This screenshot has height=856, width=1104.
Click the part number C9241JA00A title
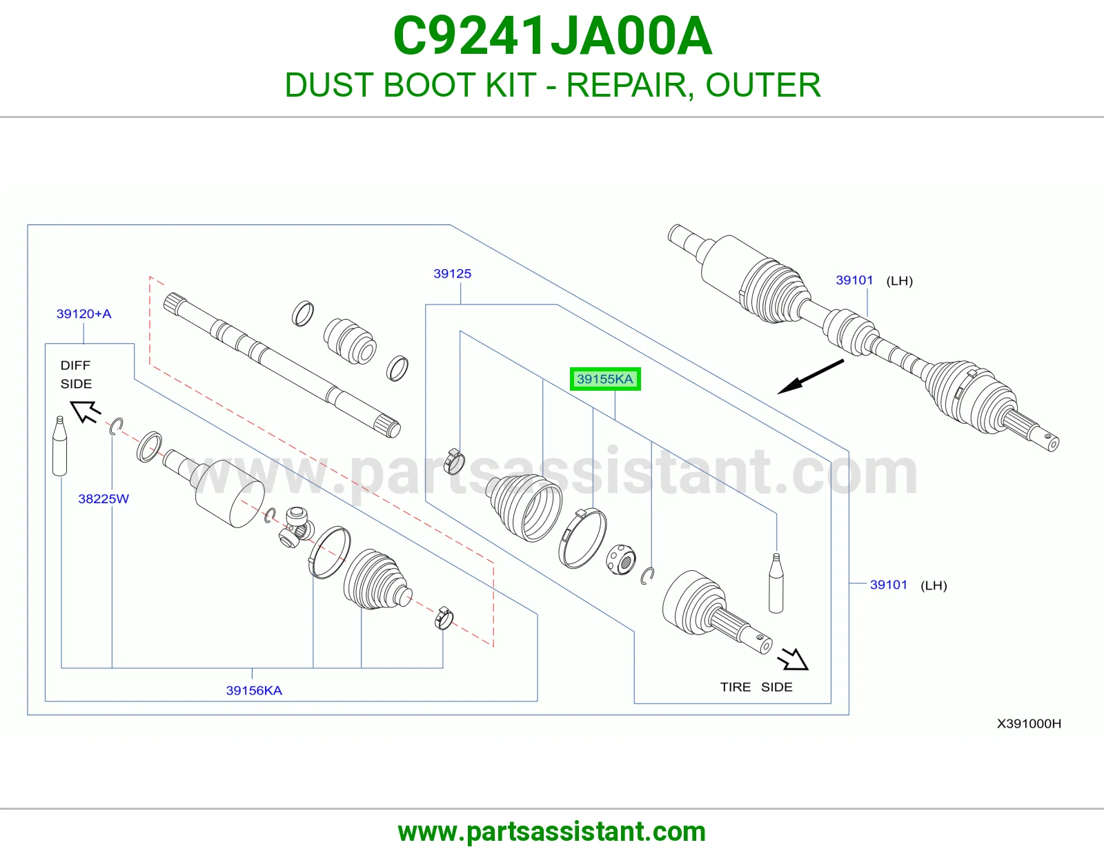point(552,36)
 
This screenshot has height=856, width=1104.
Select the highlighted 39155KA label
point(605,379)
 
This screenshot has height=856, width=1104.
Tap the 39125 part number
point(452,273)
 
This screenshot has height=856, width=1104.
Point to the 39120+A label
point(83,313)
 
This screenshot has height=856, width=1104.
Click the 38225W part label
point(103,498)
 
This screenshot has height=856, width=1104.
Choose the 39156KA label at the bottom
point(254,690)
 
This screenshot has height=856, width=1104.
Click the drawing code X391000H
point(1029,723)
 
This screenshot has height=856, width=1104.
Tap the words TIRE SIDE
point(756,687)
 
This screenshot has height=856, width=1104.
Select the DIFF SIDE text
point(76,374)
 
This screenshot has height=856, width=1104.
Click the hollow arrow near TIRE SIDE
point(793,659)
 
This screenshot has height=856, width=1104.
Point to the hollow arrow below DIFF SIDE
point(85,411)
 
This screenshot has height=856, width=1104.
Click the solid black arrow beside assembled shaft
point(810,377)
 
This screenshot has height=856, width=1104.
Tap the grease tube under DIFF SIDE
point(59,446)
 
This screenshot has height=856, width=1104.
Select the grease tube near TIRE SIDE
point(776,583)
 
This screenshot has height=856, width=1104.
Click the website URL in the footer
point(552,832)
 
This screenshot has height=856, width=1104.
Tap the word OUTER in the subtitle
point(763,85)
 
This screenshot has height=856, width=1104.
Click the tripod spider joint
point(296,527)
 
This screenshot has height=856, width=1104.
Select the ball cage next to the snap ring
point(621,559)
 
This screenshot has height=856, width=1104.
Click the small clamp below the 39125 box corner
point(454,461)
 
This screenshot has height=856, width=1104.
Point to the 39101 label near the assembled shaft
point(854,280)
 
